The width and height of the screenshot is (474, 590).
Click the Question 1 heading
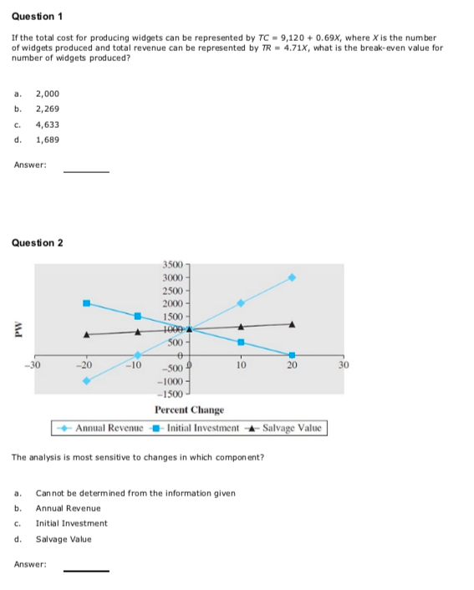point(38,17)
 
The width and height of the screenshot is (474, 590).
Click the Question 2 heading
point(38,243)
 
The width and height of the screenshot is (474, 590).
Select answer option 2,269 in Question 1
point(47,109)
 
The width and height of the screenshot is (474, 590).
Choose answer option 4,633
point(47,125)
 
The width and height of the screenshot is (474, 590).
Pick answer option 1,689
point(47,140)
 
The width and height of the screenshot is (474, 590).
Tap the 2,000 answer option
point(47,94)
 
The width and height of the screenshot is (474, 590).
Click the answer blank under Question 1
point(87,170)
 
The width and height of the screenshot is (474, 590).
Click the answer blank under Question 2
point(87,569)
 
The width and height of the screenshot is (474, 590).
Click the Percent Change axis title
point(189,409)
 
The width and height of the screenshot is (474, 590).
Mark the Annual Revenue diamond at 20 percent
point(292,277)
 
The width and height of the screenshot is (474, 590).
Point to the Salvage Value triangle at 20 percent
point(292,323)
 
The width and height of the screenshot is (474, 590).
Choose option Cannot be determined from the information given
point(135,492)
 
